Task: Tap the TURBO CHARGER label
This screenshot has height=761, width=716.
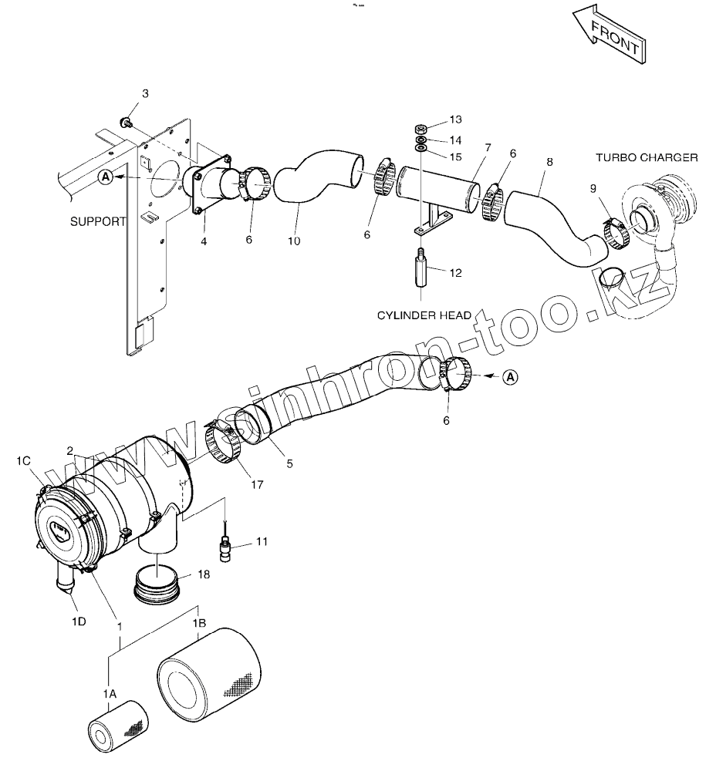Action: pyautogui.click(x=647, y=157)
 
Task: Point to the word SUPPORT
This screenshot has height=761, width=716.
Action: pyautogui.click(x=98, y=221)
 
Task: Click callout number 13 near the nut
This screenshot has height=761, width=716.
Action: pyautogui.click(x=455, y=120)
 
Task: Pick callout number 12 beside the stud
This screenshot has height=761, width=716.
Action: pyautogui.click(x=455, y=272)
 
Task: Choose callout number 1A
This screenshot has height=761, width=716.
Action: pyautogui.click(x=110, y=694)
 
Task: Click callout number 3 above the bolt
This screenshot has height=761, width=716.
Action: pyautogui.click(x=144, y=94)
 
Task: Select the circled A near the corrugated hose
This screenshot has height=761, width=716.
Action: pyautogui.click(x=511, y=377)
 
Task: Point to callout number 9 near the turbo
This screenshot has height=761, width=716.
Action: pyautogui.click(x=593, y=188)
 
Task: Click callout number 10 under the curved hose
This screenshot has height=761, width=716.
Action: pyautogui.click(x=294, y=241)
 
